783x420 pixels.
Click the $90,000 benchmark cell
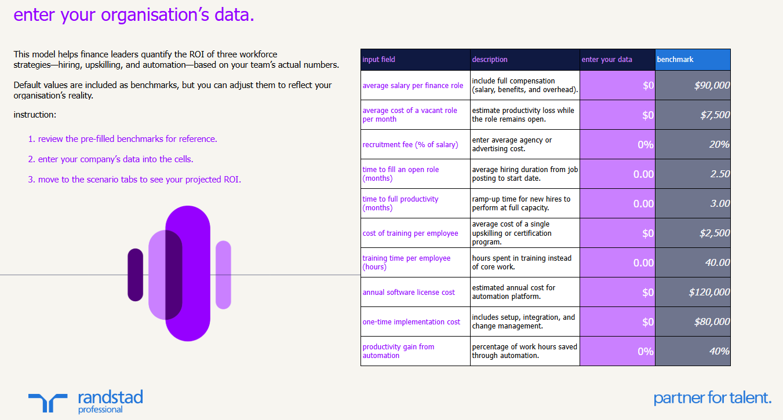coord(693,86)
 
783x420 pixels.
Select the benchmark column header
coord(693,60)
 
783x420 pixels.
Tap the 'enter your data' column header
coord(617,60)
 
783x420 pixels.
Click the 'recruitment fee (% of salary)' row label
coord(410,145)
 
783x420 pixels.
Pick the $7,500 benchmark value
coord(693,115)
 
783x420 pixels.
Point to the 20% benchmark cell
coord(693,145)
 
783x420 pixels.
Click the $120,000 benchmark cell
coord(693,293)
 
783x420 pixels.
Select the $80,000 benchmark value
coord(693,322)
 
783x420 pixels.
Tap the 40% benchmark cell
coord(693,351)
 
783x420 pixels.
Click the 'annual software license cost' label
coord(409,293)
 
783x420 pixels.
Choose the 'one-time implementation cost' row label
coord(411,322)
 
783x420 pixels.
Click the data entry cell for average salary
coord(617,86)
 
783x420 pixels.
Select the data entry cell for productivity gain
coord(617,351)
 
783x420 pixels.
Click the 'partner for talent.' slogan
coord(712,398)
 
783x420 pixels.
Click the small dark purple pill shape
coord(135,275)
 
